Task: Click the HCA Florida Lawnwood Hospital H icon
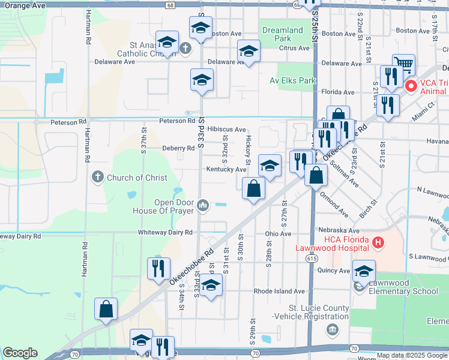point(378,243)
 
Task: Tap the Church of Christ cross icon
point(97,178)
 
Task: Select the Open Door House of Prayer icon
point(203,206)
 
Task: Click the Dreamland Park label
point(283,34)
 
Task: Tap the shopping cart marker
point(403,65)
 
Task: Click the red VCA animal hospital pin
point(411,86)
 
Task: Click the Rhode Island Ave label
point(279,291)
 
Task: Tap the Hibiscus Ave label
point(226,129)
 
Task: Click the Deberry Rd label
point(178,148)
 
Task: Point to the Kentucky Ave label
point(226,169)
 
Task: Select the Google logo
point(20,353)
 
